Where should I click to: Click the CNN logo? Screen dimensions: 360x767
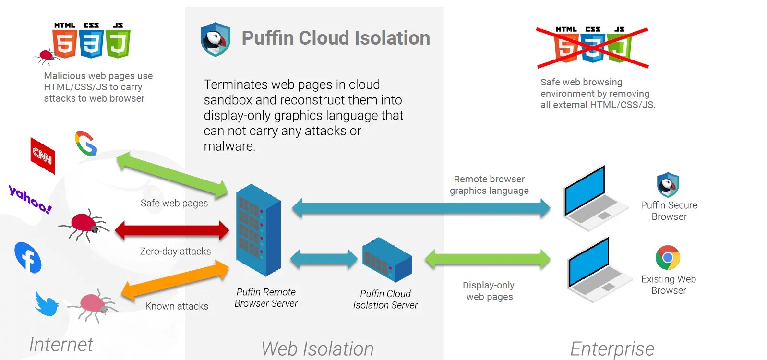click(x=42, y=156)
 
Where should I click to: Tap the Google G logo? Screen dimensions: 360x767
click(x=86, y=144)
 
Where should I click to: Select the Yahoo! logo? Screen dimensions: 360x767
click(x=30, y=199)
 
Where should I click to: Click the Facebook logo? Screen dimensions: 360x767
click(x=28, y=257)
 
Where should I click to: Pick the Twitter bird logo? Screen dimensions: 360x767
click(x=47, y=304)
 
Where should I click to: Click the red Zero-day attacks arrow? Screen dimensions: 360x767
click(x=172, y=230)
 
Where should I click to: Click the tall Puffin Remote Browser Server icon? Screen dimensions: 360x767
click(x=258, y=230)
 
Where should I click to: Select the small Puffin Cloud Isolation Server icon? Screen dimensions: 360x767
click(x=387, y=260)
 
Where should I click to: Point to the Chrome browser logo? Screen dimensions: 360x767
click(x=668, y=258)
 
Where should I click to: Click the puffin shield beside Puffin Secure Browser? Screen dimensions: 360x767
click(x=668, y=185)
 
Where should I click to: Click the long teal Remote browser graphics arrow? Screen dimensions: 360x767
click(x=421, y=208)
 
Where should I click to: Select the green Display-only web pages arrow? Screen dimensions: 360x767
click(x=487, y=259)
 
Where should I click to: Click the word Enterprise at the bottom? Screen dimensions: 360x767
click(x=612, y=349)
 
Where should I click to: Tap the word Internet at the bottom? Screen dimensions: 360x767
click(x=61, y=345)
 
